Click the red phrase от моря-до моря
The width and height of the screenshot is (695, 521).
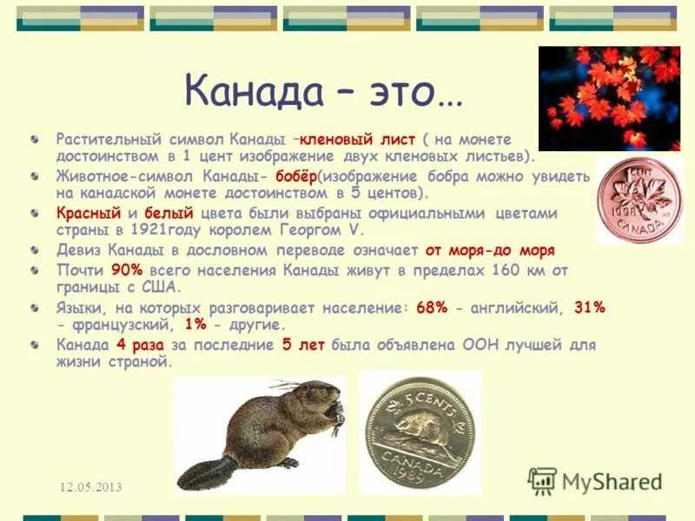pyautogui.click(x=490, y=250)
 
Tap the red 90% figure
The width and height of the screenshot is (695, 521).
pyautogui.click(x=127, y=270)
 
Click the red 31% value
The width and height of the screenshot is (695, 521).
pyautogui.click(x=588, y=307)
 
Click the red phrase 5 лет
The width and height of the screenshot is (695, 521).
pyautogui.click(x=303, y=345)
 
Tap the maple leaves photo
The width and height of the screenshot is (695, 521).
pyautogui.click(x=608, y=97)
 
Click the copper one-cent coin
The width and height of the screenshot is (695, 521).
pyautogui.click(x=638, y=201)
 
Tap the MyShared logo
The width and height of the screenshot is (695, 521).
pyautogui.click(x=595, y=481)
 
